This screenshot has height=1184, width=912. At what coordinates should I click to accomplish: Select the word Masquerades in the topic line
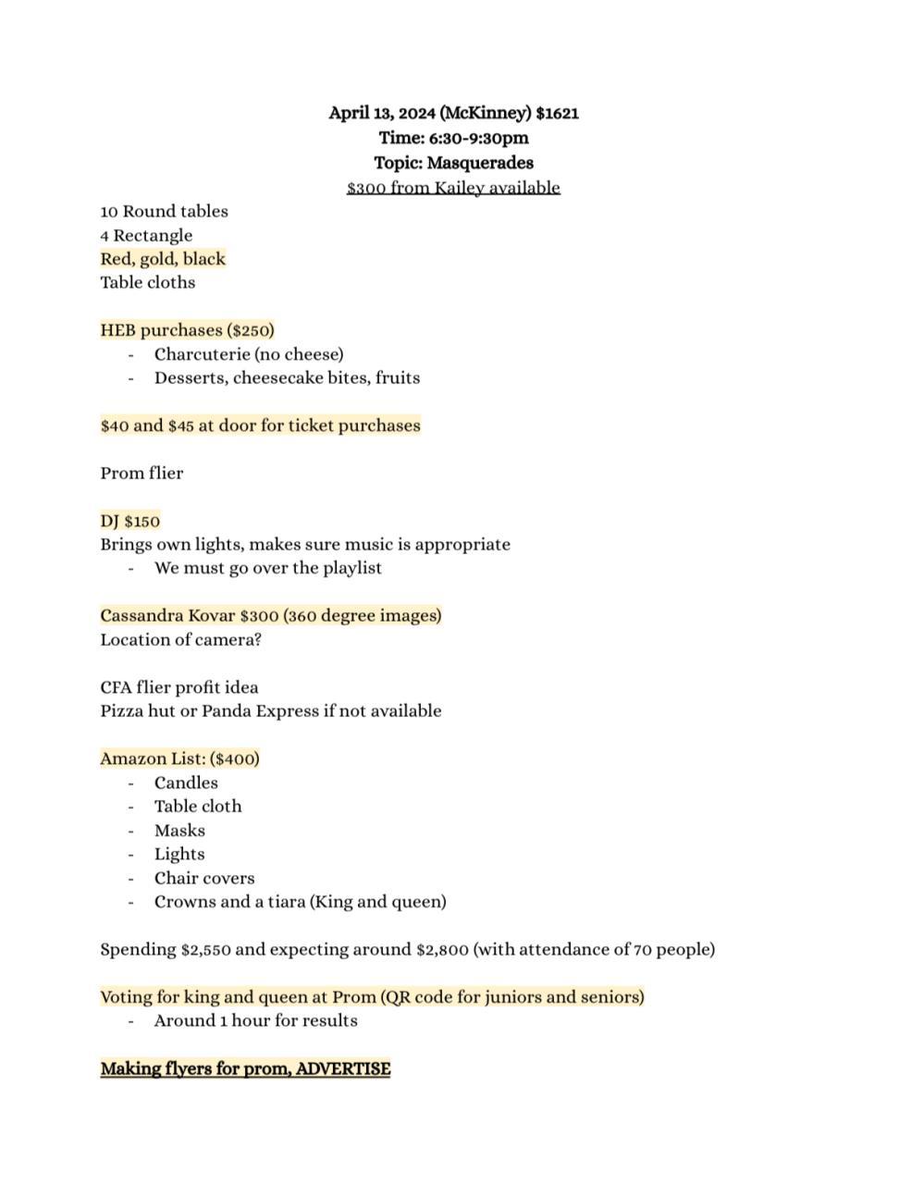(x=494, y=163)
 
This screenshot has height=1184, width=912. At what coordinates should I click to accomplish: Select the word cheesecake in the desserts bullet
(x=277, y=378)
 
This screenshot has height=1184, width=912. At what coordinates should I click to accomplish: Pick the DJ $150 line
(x=130, y=521)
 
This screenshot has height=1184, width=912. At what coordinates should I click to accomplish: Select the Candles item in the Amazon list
(x=186, y=783)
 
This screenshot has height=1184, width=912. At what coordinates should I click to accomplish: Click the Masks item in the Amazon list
(x=179, y=831)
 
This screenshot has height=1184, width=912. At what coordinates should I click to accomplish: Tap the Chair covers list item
(x=204, y=879)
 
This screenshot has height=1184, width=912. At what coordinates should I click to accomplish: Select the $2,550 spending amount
(x=212, y=950)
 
